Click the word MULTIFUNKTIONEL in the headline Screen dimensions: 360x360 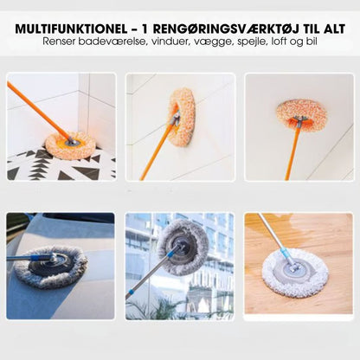coord(71,29)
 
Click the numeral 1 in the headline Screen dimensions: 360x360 coord(145,29)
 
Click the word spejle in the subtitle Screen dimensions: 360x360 coord(253,42)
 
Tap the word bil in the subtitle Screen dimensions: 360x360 coord(311,42)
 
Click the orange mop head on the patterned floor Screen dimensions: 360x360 coord(70,145)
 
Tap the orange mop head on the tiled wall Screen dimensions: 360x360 coord(183,117)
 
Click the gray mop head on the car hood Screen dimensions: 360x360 coord(50,267)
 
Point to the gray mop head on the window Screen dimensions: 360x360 coord(183,247)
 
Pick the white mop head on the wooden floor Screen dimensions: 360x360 coord(295,273)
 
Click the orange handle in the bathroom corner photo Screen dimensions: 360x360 coord(38,112)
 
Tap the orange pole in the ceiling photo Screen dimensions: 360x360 coord(292,152)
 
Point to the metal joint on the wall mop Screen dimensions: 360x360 coord(176,118)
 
